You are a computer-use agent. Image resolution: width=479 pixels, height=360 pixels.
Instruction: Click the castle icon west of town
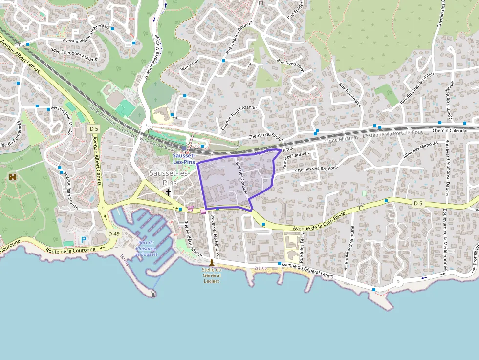[x=13, y=176]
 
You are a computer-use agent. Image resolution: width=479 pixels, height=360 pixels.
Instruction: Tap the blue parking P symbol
[x=83, y=240]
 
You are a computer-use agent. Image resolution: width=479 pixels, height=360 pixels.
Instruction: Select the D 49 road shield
[x=113, y=233]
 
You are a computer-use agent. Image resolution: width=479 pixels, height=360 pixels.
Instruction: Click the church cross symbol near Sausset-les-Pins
[x=169, y=192]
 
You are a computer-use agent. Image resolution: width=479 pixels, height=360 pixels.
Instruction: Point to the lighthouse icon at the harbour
[x=154, y=294]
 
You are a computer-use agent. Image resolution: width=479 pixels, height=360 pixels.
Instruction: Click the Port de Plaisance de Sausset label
[x=146, y=248]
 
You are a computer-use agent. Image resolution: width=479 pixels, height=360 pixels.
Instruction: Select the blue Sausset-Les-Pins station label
[x=183, y=159]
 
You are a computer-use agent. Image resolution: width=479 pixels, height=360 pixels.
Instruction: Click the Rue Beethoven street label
[x=290, y=66]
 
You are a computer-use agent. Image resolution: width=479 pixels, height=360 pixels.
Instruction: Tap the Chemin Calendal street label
[x=450, y=131]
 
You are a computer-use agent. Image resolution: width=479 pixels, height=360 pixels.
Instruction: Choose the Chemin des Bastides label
[x=316, y=169]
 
